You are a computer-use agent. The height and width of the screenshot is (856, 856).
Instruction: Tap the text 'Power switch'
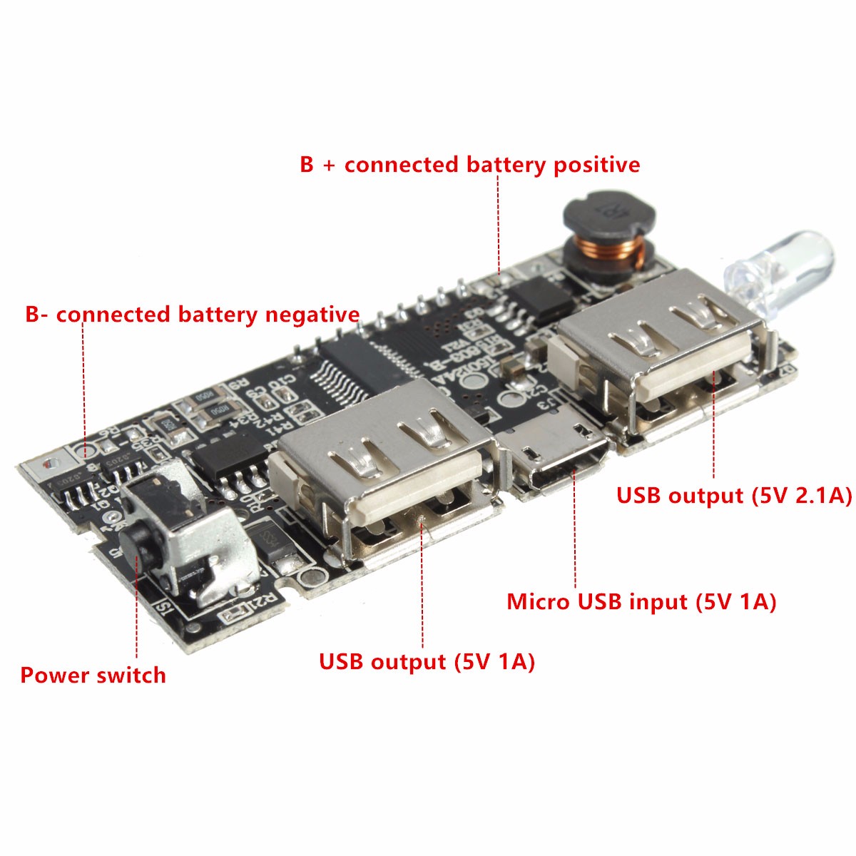(x=93, y=675)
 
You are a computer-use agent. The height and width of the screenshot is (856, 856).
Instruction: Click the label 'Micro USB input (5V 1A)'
(x=641, y=601)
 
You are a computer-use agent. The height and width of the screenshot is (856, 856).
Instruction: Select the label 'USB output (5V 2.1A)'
(x=734, y=496)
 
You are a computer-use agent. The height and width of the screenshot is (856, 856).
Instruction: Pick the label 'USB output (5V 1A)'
(x=427, y=661)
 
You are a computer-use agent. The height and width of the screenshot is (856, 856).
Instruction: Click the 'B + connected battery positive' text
(x=469, y=165)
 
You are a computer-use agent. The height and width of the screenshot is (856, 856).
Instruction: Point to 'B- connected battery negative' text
(x=192, y=315)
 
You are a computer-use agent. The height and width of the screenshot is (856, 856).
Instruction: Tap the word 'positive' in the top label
(x=596, y=165)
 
